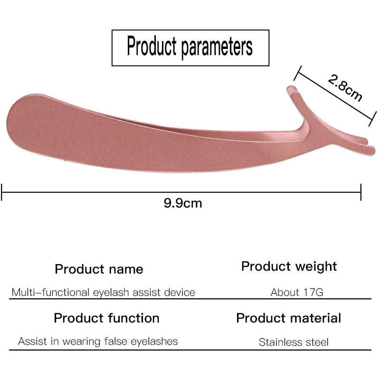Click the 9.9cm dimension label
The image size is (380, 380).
183,204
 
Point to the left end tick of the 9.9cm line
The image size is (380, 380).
2,192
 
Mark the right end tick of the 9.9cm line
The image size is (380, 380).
361,192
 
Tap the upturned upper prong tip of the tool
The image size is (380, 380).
291,88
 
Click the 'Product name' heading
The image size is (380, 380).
99,269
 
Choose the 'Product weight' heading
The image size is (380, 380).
289,266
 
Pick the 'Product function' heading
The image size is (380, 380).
106,318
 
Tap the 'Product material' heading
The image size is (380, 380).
288,318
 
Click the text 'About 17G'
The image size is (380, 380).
297,292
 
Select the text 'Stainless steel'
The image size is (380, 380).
294,342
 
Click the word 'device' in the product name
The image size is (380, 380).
180,292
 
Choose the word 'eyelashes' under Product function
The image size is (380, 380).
156,341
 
